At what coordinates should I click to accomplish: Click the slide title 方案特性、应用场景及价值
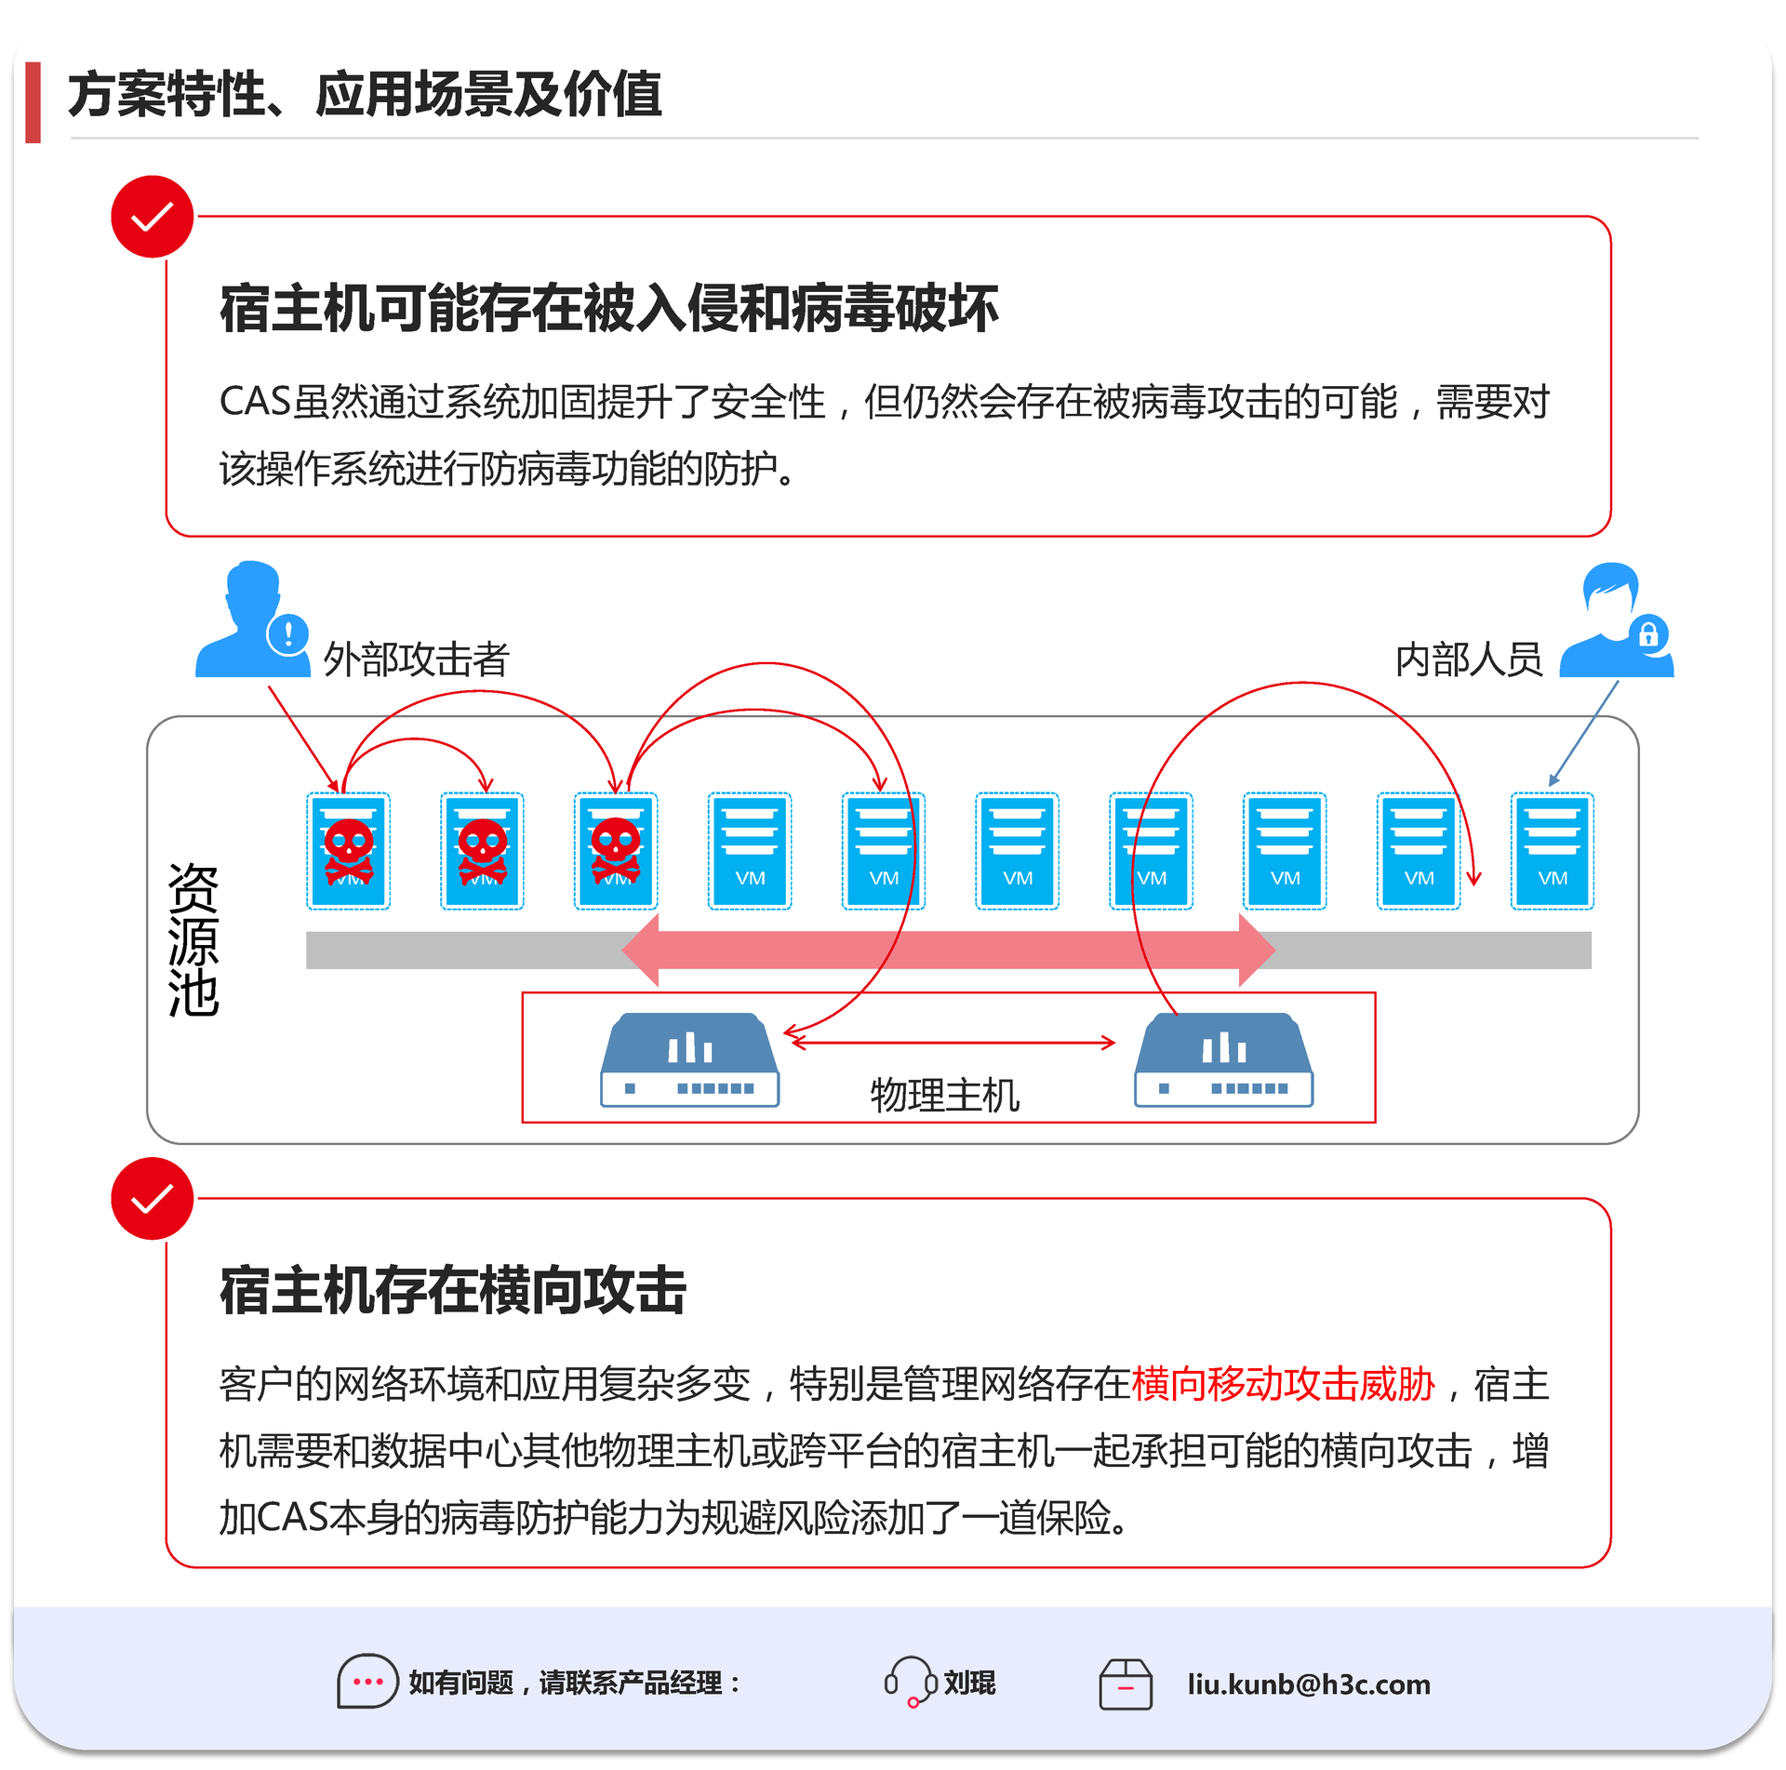tap(365, 95)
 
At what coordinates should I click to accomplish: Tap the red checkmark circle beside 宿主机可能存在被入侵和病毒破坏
tap(152, 217)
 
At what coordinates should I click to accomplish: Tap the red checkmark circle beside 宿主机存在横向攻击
tap(152, 1198)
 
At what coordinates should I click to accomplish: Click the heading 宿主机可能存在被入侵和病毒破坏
tap(609, 309)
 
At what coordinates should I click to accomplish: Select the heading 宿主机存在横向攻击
tap(453, 1291)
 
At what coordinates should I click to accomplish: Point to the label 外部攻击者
tap(416, 659)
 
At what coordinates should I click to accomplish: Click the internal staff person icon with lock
tap(1617, 620)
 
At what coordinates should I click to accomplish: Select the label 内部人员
tap(1468, 659)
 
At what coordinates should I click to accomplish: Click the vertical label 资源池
tap(193, 939)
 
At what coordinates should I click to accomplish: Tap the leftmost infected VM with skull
tap(349, 851)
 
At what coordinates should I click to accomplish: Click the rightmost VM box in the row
tap(1552, 851)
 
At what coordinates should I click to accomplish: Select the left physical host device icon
tap(689, 1059)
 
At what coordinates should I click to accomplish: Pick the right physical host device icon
tap(1223, 1059)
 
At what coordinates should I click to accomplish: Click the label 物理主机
tap(944, 1096)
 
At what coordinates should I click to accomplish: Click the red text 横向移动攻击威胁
tap(1283, 1385)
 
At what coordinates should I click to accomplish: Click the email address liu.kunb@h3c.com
tap(1308, 1684)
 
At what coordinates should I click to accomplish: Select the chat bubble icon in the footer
tap(367, 1682)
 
